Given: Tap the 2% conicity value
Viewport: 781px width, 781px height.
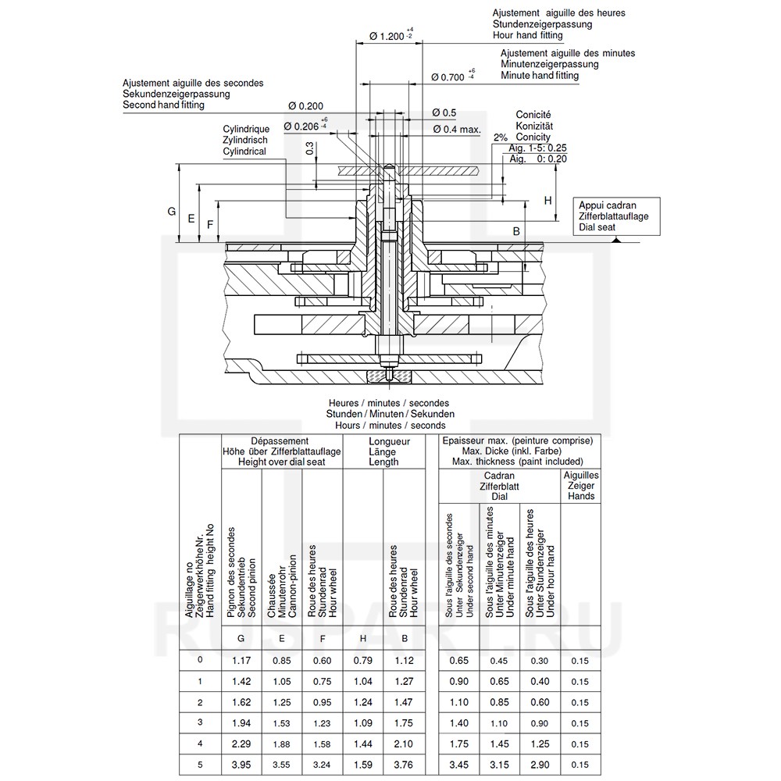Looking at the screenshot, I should point(501,137).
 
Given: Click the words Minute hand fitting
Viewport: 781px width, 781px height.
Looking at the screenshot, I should point(540,76).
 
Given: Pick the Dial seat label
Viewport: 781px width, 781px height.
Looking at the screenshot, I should point(597,227).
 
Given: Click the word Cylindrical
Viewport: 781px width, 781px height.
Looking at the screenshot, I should point(244,152).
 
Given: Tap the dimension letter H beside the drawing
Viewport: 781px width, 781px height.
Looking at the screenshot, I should point(547,200).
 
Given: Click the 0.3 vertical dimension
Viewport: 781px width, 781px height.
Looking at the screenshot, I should point(310,148).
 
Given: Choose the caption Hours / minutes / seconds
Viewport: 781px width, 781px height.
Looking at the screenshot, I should point(390,425).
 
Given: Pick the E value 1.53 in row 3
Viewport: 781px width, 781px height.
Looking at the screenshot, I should point(281,722).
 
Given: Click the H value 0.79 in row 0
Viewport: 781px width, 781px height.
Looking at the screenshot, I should point(363,660).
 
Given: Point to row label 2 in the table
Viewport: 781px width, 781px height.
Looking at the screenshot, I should point(201,701).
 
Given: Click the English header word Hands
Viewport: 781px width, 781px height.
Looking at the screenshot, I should point(581,496).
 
